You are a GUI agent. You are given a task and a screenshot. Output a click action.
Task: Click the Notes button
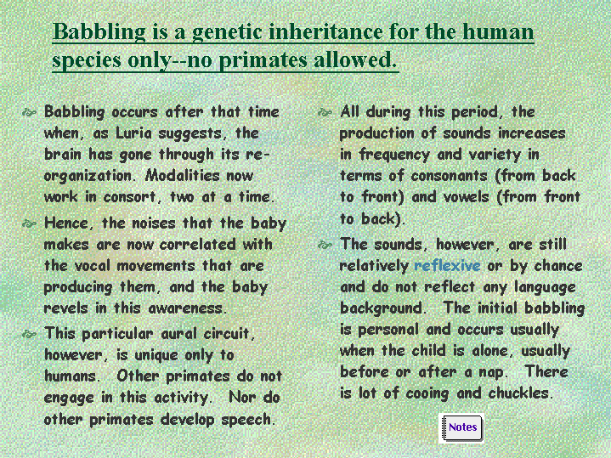click(462, 428)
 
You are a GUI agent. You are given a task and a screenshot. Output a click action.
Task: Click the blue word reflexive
click(447, 265)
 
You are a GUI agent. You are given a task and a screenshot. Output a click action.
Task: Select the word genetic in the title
click(227, 31)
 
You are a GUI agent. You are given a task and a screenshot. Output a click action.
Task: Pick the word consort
click(132, 197)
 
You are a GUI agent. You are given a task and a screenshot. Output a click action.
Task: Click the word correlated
click(197, 245)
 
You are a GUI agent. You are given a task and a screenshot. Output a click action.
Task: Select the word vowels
click(466, 197)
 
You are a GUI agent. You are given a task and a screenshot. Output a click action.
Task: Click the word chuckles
click(520, 393)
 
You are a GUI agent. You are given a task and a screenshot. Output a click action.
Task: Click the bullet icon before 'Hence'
click(29, 223)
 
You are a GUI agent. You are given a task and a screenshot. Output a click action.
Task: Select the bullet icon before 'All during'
click(325, 113)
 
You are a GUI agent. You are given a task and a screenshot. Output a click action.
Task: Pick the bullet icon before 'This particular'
click(29, 334)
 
